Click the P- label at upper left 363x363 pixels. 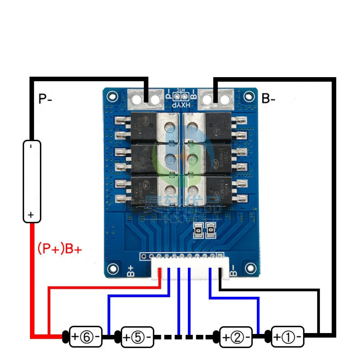coord(45,99)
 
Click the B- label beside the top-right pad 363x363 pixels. coord(268,99)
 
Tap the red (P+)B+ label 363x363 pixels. coord(60,249)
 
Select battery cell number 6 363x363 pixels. coord(86,336)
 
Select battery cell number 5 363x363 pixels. coord(137,336)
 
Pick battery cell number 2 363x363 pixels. coord(236,336)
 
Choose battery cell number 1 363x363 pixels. coord(287,336)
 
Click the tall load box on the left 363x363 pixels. coord(32,181)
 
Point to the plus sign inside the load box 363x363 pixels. coord(31,215)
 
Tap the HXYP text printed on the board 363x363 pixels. coord(181,105)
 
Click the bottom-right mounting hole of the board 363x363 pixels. coord(250,268)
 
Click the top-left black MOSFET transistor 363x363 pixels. coord(143,127)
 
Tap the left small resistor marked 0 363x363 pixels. coord(198,231)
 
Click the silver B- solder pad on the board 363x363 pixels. coord(216,99)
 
